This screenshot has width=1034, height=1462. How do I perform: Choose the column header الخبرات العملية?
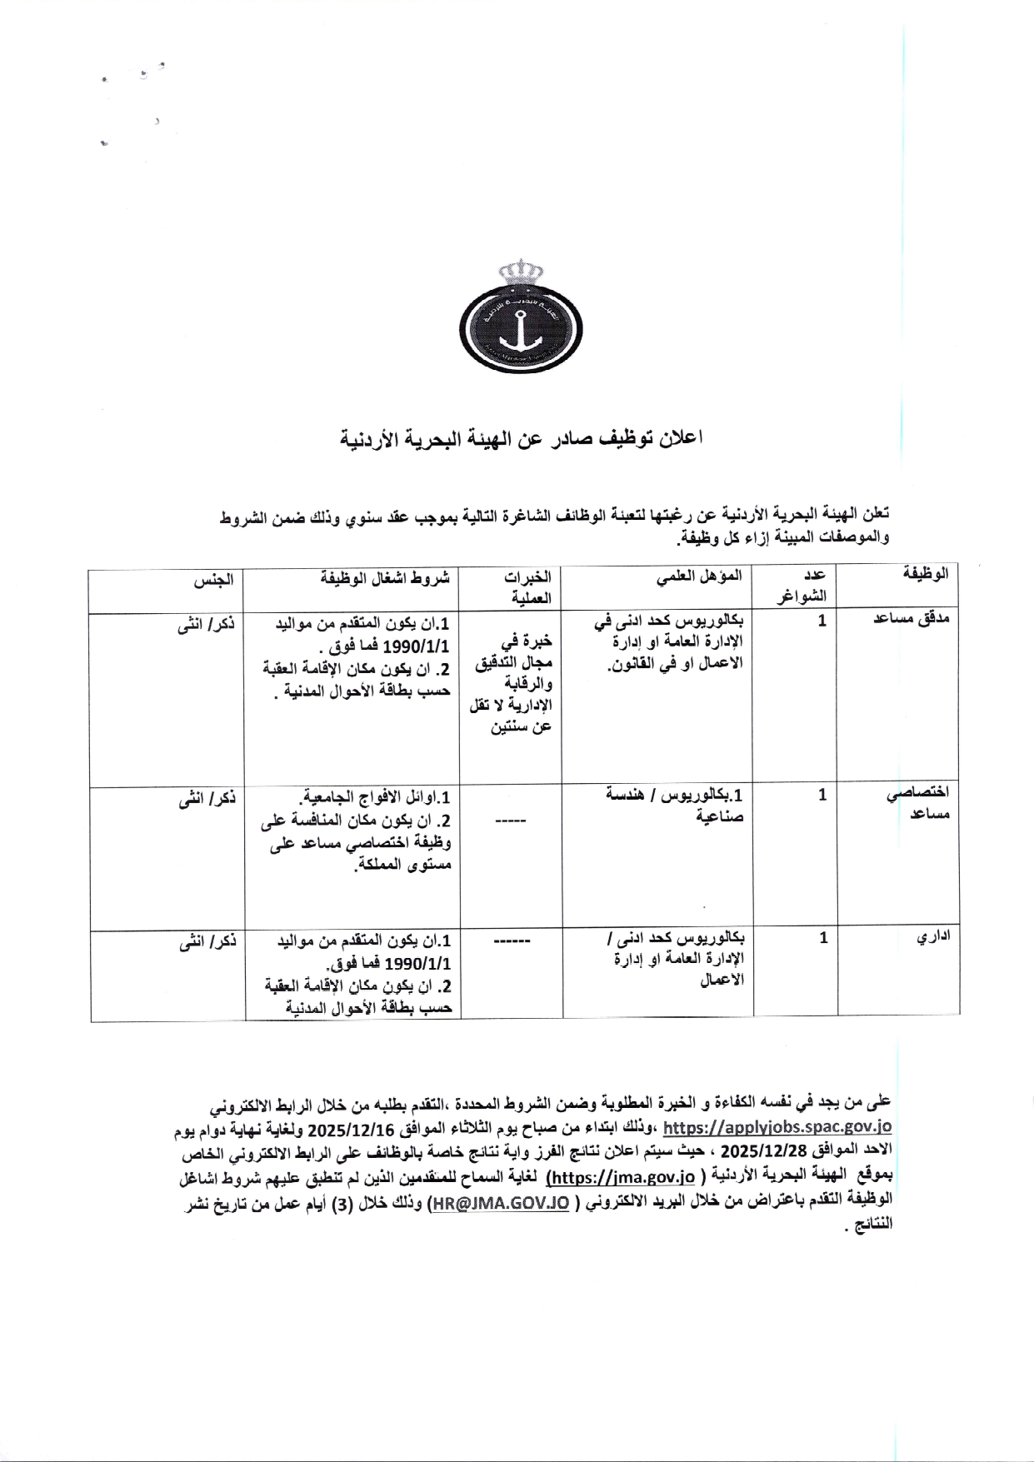click(x=528, y=586)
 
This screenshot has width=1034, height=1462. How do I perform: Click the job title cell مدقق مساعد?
click(x=912, y=620)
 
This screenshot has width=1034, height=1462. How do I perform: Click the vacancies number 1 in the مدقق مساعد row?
click(x=822, y=621)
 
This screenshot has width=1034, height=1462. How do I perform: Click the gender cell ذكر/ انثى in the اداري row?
click(x=207, y=941)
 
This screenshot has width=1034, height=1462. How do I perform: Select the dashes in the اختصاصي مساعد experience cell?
click(x=511, y=821)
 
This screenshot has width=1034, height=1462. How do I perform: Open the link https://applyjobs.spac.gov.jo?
click(x=777, y=1127)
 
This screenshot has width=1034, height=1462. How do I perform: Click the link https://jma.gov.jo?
click(x=622, y=1177)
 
